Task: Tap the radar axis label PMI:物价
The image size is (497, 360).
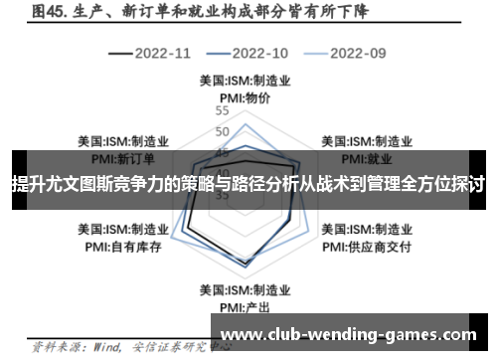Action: (245, 97)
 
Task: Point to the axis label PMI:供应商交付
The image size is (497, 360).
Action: (368, 244)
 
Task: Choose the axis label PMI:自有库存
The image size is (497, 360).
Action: (122, 244)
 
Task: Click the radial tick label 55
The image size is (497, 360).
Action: (222, 112)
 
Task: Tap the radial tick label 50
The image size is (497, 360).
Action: (222, 131)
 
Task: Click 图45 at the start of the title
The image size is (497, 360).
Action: (48, 13)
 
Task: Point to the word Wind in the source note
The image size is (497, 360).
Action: (101, 348)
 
